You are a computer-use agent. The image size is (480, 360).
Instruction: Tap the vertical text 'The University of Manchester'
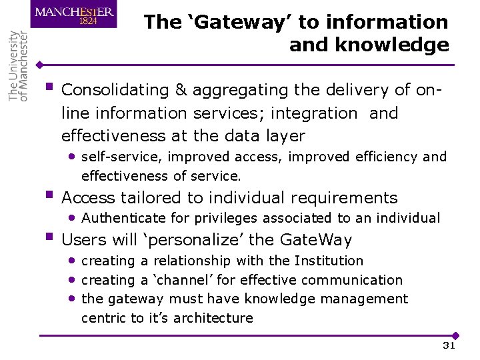(18, 66)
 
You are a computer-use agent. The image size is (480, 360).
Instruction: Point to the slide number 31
(449, 345)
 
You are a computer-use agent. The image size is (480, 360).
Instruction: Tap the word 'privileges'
(226, 218)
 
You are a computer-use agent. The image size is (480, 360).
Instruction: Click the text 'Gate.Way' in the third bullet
(316, 240)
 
